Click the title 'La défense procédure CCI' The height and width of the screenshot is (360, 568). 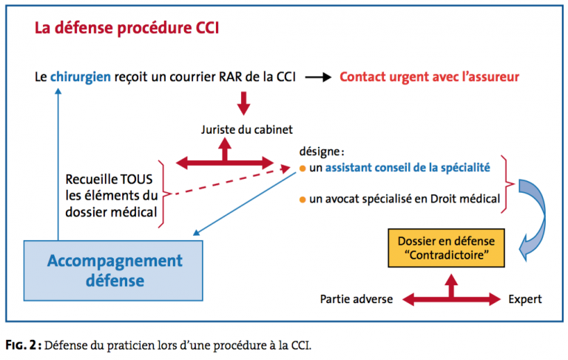pyautogui.click(x=126, y=28)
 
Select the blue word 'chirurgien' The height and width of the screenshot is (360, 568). pyautogui.click(x=81, y=77)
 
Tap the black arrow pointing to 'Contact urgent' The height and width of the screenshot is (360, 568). pyautogui.click(x=319, y=77)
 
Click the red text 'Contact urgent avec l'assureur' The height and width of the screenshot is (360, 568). pyautogui.click(x=429, y=77)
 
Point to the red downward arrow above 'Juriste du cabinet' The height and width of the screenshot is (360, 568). pyautogui.click(x=243, y=103)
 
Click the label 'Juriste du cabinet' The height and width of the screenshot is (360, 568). pyautogui.click(x=247, y=129)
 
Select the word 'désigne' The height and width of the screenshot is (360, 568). pyautogui.click(x=319, y=152)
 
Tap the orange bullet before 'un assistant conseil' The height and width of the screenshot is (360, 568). pyautogui.click(x=302, y=169)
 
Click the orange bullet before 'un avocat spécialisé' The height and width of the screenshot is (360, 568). pyautogui.click(x=302, y=200)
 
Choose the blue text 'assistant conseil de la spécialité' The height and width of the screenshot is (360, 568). pyautogui.click(x=408, y=168)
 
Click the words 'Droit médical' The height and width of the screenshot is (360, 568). pyautogui.click(x=465, y=199)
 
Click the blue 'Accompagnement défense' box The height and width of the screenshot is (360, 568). pyautogui.click(x=113, y=271)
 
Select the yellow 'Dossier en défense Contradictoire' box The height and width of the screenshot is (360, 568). pyautogui.click(x=446, y=248)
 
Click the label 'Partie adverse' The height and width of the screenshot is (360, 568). pyautogui.click(x=356, y=299)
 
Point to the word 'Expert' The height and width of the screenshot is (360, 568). pyautogui.click(x=525, y=299)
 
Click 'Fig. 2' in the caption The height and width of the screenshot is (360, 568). pyautogui.click(x=21, y=345)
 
